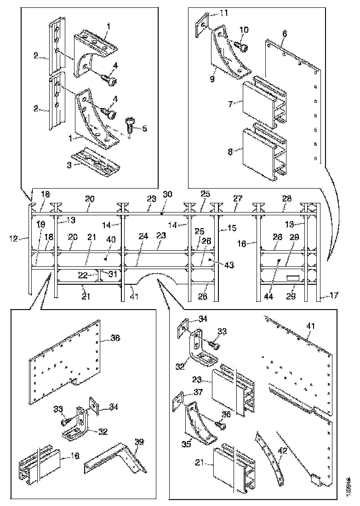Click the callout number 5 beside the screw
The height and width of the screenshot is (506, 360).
click(145, 129)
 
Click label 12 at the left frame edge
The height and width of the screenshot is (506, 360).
click(13, 238)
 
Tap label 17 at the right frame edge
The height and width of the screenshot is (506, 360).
click(334, 295)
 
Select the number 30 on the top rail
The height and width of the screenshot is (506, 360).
click(168, 194)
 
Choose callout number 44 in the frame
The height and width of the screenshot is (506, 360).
click(269, 297)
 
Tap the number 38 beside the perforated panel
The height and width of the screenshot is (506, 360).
click(115, 338)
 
